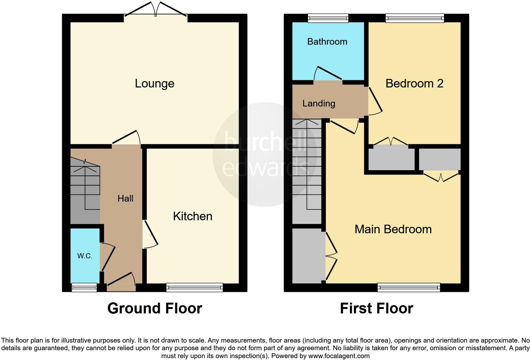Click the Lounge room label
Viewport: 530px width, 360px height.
click(154, 83)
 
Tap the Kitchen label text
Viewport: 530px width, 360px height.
click(192, 216)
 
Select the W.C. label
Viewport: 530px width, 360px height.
click(85, 256)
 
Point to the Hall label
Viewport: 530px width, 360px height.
click(125, 198)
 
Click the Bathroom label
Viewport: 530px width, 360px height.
click(327, 42)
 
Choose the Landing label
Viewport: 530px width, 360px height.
click(319, 103)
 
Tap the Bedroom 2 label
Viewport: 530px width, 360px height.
click(414, 83)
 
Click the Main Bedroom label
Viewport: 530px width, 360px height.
click(393, 229)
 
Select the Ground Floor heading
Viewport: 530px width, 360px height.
click(154, 308)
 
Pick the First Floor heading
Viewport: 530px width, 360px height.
click(376, 308)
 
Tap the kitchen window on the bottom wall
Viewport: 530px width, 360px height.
click(194, 287)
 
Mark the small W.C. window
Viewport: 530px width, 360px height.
click(84, 287)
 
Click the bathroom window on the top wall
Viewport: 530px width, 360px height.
click(328, 18)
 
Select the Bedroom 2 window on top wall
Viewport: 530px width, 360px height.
click(415, 18)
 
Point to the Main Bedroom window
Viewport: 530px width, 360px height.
click(409, 287)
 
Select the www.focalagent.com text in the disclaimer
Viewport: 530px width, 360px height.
click(339, 356)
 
